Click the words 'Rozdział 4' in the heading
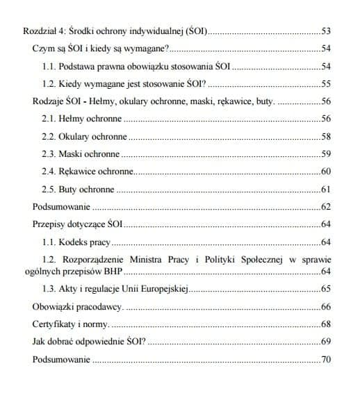click(43, 32)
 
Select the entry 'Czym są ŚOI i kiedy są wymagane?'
click(101, 50)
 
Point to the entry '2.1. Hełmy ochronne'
click(82, 119)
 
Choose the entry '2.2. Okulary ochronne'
click(85, 136)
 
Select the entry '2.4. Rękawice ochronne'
click(88, 171)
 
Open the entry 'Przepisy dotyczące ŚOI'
click(78, 224)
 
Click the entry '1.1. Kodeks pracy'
click(76, 242)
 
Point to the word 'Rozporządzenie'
click(104, 259)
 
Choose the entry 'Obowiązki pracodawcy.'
click(78, 306)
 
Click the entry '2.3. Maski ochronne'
click(81, 153)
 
